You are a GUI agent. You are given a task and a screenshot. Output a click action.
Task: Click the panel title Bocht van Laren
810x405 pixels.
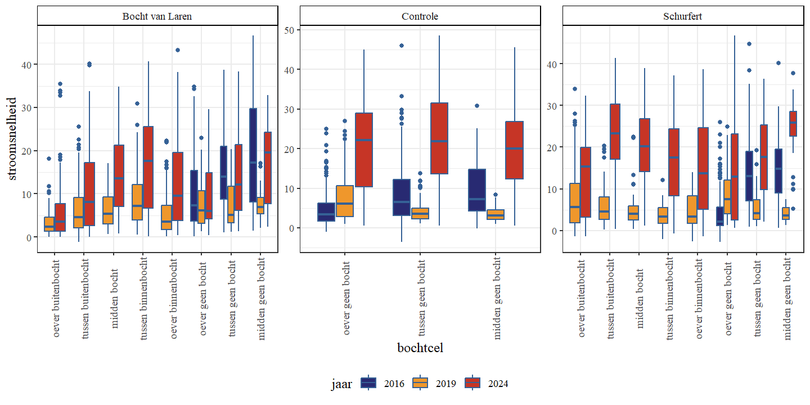point(157,16)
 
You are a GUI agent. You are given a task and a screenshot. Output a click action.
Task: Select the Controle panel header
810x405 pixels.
point(420,16)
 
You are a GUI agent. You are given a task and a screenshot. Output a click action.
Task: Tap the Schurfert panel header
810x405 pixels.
point(683,16)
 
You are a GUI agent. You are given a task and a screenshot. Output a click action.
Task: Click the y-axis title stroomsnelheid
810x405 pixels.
point(12,139)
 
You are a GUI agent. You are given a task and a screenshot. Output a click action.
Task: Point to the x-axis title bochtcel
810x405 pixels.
point(420,348)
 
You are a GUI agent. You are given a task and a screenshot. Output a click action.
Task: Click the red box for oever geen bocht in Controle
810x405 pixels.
point(364,150)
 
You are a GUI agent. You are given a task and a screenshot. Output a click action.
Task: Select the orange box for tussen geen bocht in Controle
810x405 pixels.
point(420,213)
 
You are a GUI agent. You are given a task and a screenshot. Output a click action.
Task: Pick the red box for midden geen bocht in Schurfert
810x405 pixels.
point(793,123)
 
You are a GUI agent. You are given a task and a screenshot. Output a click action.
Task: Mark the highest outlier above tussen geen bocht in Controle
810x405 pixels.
point(401,46)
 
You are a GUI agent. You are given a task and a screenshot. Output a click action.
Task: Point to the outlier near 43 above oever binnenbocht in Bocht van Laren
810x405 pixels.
point(177,50)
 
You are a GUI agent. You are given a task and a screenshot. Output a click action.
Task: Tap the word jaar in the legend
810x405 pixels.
point(341,384)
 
